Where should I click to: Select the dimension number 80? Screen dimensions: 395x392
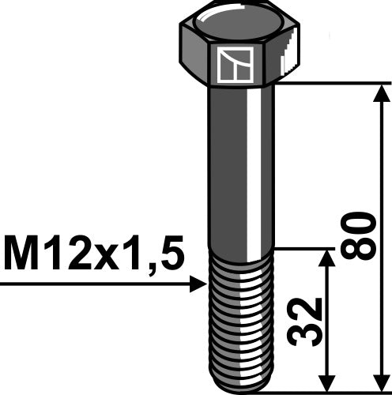(360, 235)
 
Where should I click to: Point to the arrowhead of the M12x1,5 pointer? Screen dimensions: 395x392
(198, 283)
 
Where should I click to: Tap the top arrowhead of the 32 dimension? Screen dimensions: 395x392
(326, 259)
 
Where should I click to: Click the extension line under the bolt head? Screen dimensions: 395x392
(332, 82)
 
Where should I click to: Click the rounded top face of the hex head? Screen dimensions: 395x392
(237, 19)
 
